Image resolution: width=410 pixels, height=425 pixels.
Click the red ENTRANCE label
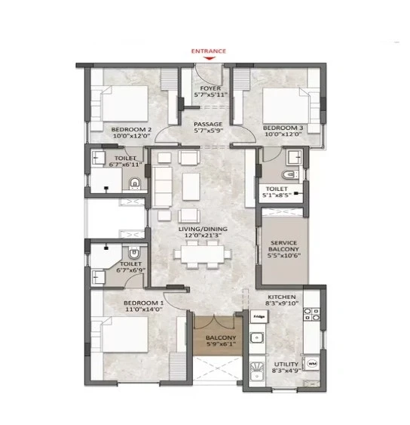209,51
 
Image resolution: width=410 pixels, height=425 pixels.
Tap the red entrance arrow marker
209,58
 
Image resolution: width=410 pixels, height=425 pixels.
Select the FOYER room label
210,88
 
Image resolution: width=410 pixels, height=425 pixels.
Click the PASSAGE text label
208,124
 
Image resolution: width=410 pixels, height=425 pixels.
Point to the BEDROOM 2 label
131,130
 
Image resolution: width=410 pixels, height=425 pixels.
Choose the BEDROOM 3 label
283,128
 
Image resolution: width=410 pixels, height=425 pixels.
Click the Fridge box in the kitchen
259,316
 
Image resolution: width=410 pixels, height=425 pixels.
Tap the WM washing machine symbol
312,363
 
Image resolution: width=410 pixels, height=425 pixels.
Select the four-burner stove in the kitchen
311,315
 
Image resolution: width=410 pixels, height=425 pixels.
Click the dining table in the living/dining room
203,254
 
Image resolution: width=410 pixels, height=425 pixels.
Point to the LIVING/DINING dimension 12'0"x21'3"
203,236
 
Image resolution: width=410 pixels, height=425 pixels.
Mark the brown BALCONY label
221,337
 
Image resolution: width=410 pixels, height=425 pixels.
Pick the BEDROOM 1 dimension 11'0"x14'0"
143,310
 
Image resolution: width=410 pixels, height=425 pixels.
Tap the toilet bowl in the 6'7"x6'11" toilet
134,183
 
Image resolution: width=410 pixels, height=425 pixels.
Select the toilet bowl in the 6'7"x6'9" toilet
133,252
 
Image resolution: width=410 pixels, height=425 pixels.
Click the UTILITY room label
286,365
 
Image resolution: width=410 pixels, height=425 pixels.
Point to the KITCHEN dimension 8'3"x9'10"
282,303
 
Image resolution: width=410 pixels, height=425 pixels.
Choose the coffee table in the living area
191,186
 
